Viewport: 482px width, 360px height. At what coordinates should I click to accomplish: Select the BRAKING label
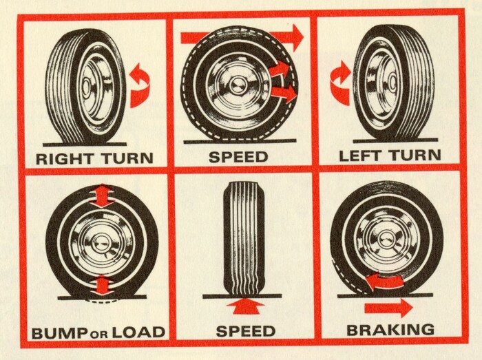pos(390,330)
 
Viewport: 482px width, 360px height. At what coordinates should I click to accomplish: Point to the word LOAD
pos(138,332)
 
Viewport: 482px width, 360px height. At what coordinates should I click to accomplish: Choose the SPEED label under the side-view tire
pos(238,157)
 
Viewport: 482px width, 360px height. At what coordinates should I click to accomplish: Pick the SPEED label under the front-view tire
pos(245,331)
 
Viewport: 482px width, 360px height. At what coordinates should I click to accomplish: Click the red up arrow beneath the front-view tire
pos(245,306)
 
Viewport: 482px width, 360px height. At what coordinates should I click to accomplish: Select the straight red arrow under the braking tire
pos(388,308)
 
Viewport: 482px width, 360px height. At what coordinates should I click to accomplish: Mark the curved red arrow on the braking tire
pos(384,282)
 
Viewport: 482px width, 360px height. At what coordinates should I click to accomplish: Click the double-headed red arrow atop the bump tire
pos(102,195)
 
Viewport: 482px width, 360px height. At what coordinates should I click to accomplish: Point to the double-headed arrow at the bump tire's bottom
pos(102,286)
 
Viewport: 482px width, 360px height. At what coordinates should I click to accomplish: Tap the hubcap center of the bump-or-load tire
pos(100,242)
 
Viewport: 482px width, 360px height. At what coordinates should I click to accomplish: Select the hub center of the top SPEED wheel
pos(238,84)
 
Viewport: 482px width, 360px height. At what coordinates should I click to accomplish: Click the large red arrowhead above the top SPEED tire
pos(297,37)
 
